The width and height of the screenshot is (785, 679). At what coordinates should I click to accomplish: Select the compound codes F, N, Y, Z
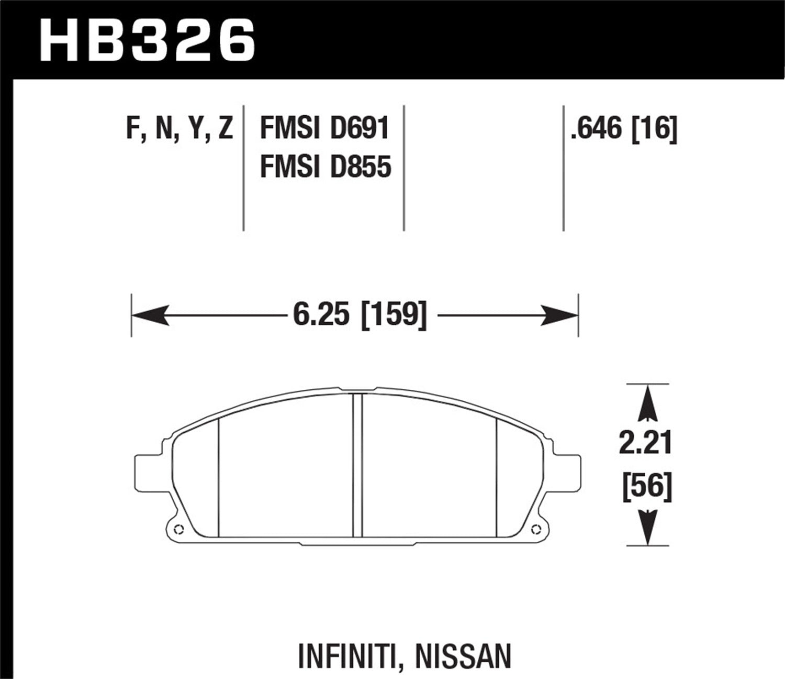[180, 128]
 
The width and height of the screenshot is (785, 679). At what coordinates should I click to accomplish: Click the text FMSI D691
[324, 128]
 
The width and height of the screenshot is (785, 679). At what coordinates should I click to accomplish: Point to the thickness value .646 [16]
[624, 128]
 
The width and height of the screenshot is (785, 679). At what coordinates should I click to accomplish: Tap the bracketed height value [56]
[647, 485]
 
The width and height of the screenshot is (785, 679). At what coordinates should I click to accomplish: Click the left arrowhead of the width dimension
[149, 315]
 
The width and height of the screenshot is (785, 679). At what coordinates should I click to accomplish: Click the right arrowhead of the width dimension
[560, 315]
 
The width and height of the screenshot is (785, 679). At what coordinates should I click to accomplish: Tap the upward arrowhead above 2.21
[648, 403]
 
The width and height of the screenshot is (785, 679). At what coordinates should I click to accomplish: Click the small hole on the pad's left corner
[176, 528]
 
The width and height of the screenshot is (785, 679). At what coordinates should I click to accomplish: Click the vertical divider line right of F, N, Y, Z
[244, 168]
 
